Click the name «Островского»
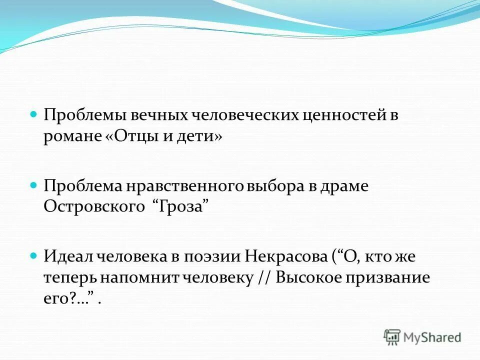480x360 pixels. [x=92, y=207]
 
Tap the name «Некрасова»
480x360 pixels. [x=285, y=257]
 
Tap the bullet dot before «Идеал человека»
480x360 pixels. [x=34, y=255]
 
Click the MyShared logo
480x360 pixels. [x=422, y=337]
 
